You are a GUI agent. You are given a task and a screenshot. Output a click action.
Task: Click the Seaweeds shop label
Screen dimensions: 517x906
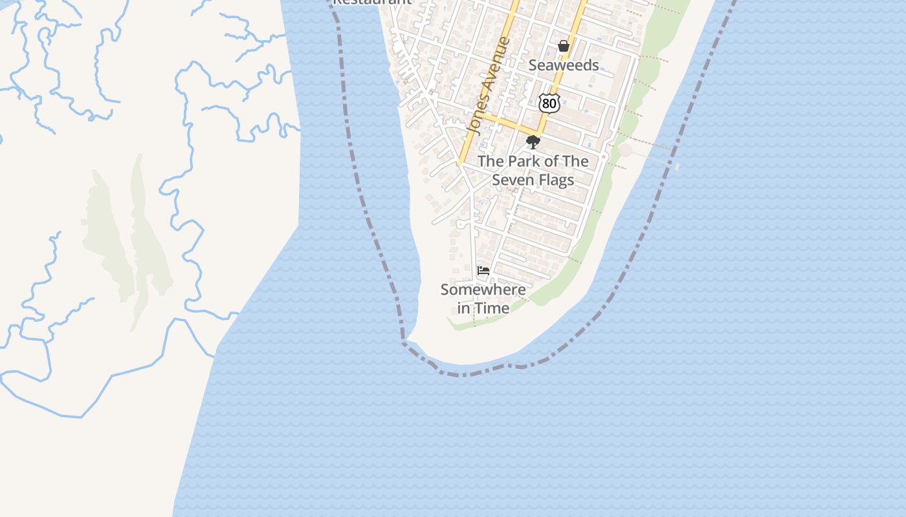click(x=564, y=65)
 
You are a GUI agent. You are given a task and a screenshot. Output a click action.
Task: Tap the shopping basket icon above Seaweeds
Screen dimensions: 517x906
click(x=564, y=46)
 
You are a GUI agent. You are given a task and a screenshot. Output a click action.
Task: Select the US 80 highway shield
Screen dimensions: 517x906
click(x=549, y=102)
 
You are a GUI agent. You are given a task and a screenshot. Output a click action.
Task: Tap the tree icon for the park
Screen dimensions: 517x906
click(x=533, y=142)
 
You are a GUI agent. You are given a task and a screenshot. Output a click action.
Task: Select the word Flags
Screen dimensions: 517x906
click(x=555, y=180)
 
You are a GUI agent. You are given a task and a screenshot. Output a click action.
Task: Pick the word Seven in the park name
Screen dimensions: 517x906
click(x=512, y=180)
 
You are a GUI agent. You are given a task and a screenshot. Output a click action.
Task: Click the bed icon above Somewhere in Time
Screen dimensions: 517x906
click(x=483, y=271)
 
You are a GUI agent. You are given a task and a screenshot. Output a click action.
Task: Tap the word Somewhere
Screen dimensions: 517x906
click(x=483, y=290)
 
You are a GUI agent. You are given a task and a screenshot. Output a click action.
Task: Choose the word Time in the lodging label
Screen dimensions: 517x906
click(x=494, y=308)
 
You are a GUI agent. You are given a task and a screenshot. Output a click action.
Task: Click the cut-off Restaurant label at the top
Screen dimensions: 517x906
click(x=371, y=2)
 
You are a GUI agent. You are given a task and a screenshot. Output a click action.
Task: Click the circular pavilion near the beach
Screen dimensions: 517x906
click(x=625, y=151)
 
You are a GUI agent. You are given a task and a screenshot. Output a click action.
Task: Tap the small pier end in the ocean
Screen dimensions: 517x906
click(x=677, y=166)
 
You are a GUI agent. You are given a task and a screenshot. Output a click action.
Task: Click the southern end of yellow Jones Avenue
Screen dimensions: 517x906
click(x=458, y=164)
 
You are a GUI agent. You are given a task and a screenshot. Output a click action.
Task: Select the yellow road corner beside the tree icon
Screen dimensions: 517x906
click(x=538, y=133)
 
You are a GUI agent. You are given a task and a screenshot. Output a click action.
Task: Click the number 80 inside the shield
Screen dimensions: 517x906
click(x=549, y=103)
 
